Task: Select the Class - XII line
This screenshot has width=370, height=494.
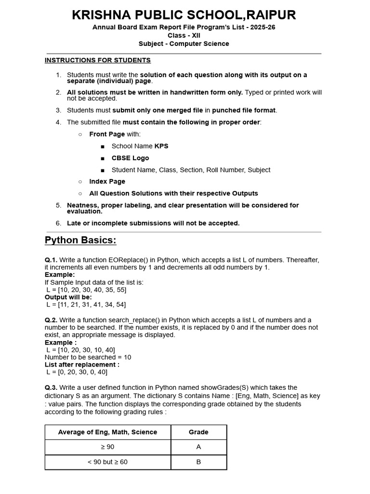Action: click(x=184, y=36)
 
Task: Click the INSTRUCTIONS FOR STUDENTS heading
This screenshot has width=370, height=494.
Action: click(x=98, y=60)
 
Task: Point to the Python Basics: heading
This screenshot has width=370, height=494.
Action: click(x=80, y=240)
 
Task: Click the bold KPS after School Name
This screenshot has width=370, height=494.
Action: click(x=161, y=146)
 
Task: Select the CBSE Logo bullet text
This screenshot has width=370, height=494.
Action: click(x=130, y=158)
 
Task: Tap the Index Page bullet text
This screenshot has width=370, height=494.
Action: click(x=107, y=182)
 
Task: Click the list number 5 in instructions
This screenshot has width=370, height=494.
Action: click(x=58, y=206)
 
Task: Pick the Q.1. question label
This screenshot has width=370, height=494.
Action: click(x=51, y=260)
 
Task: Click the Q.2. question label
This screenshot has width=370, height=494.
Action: click(x=51, y=320)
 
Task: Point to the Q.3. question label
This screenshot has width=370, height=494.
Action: click(x=51, y=388)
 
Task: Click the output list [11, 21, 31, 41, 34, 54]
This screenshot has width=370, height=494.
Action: click(x=86, y=305)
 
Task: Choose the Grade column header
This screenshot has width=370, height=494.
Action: click(x=198, y=432)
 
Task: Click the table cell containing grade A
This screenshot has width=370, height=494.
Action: click(x=198, y=447)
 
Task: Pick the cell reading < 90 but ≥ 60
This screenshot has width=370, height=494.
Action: click(x=107, y=462)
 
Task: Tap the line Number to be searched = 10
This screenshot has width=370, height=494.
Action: click(x=88, y=357)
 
